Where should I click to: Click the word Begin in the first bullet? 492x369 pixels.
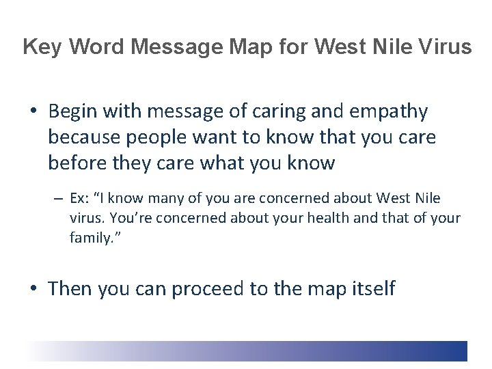pos(74,111)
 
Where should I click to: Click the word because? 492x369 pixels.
pos(84,137)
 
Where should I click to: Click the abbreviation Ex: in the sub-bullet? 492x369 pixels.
pos(80,199)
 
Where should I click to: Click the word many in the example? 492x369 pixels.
pos(154,199)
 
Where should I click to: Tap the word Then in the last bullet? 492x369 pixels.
pos(70,288)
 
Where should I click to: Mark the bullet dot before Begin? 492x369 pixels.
pos(33,112)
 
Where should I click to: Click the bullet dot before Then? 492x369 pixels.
pos(33,289)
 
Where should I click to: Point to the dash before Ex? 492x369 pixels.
pos(59,200)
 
